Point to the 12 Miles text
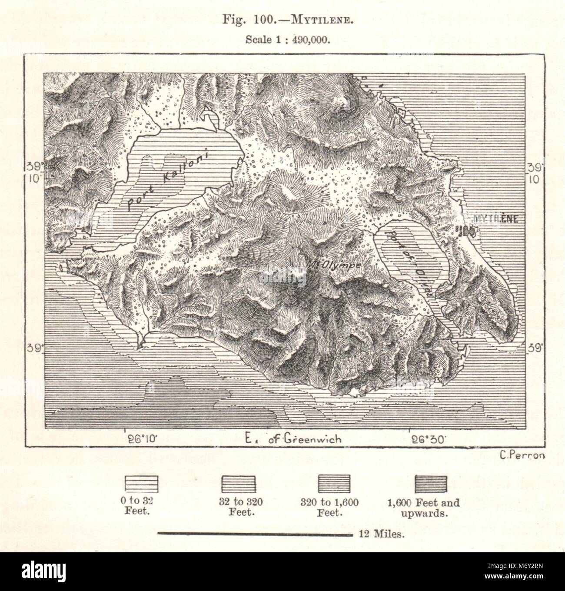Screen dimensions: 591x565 pos(382,534)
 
